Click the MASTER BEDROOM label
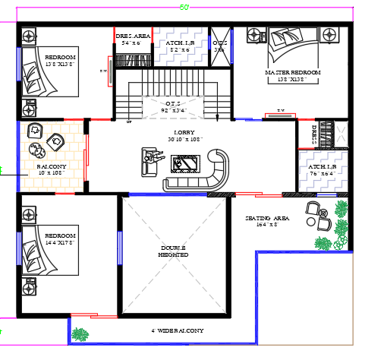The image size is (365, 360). coord(292,72)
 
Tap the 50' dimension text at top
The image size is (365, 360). coord(184,7)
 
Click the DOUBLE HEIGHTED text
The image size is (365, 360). coord(174,251)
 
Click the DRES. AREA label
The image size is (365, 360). coord(132,36)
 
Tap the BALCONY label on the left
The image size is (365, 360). coord(52,166)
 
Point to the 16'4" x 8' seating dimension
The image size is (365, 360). coord(267,226)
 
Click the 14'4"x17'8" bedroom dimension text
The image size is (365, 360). coord(59,243)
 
